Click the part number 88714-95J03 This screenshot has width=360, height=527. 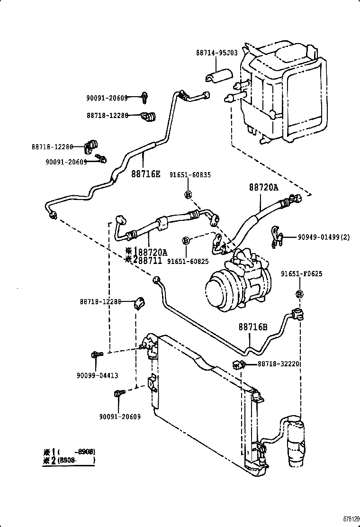216,53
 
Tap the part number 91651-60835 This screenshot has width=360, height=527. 190,174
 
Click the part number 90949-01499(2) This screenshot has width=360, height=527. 324,237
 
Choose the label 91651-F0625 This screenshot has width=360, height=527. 301,274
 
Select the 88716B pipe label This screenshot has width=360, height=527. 253,327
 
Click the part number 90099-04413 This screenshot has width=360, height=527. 97,375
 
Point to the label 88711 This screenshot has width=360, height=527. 150,261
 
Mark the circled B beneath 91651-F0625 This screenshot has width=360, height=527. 299,294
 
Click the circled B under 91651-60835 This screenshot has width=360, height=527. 188,194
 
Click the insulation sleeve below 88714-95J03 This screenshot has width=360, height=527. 219,76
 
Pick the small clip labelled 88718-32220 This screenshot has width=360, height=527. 239,364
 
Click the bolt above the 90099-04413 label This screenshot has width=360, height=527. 96,354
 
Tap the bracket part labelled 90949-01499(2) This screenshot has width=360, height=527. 276,237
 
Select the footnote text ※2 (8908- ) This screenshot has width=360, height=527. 69,460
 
